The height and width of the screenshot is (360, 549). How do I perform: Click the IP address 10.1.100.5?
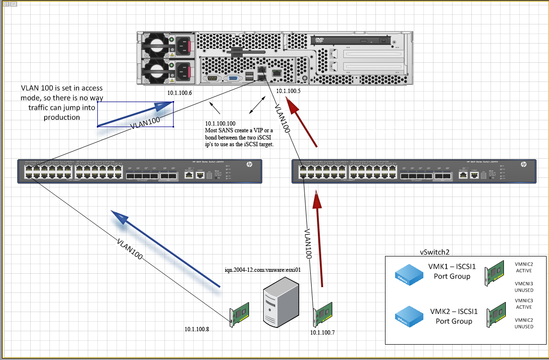tap(289, 91)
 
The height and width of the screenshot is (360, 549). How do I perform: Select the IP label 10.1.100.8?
tap(197, 329)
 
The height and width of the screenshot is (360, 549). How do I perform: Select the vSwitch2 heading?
tap(434, 252)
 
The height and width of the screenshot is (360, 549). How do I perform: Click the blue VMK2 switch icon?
tap(409, 317)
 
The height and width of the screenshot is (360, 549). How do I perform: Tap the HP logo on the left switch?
tap(249, 164)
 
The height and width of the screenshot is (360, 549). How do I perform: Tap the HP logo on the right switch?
tap(523, 164)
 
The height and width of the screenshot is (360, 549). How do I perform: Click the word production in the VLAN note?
tap(61, 117)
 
